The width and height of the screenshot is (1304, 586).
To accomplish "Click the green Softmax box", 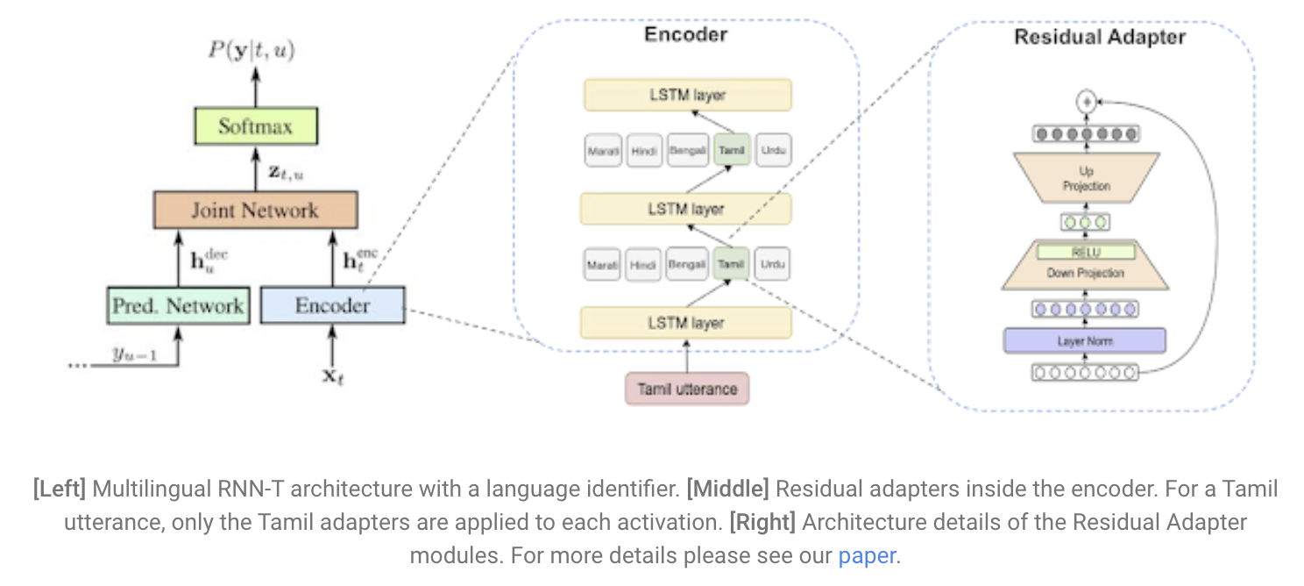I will click(x=255, y=126).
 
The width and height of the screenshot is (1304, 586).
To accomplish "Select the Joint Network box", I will click(x=255, y=211).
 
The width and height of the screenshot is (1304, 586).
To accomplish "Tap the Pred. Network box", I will click(x=178, y=305).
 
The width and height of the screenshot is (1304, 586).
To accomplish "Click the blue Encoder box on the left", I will click(x=332, y=305).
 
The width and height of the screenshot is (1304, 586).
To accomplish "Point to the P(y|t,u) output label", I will click(x=252, y=50).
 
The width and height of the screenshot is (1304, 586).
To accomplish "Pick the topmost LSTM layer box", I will click(x=686, y=95).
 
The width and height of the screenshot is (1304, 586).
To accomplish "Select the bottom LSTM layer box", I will click(x=686, y=323).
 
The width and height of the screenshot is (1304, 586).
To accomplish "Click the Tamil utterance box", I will click(x=687, y=389).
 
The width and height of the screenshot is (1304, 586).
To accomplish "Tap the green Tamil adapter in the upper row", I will click(x=731, y=150).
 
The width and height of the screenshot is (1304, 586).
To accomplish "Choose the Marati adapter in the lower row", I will click(x=602, y=263).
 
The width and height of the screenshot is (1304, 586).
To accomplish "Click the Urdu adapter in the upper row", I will click(x=772, y=150).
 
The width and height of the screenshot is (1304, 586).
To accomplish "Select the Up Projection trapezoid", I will click(x=1086, y=179).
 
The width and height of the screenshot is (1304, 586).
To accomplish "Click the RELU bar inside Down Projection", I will click(x=1086, y=253).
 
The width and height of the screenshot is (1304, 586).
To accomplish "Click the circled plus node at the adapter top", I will click(x=1087, y=101).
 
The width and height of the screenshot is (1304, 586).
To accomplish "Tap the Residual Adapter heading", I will click(x=1100, y=37).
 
